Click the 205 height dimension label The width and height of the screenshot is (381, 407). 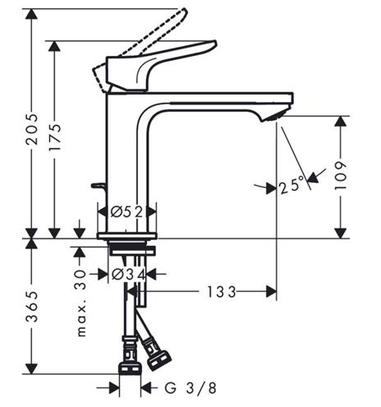tap(31, 129)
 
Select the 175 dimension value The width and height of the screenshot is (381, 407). tap(54, 137)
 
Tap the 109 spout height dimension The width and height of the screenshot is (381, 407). tap(341, 176)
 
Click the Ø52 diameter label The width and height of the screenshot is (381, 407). tap(126, 212)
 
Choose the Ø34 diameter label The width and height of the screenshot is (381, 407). tap(129, 275)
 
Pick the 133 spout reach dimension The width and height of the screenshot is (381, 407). tap(221, 292)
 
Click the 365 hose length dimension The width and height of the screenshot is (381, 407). tap(31, 307)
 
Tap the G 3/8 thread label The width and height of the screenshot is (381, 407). tap(190, 388)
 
